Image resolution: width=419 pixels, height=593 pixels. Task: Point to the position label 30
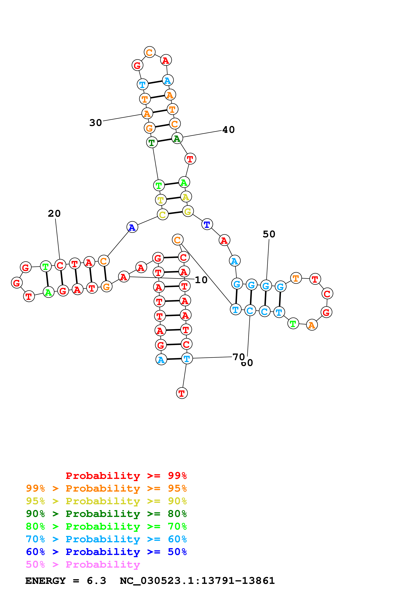[x=95, y=123]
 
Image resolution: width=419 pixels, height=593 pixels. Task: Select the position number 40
[x=229, y=130]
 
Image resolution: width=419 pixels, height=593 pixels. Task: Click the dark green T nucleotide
[x=152, y=142]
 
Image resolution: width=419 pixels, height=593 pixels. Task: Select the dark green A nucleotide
[x=177, y=138]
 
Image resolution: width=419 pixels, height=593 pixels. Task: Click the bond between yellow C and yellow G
[x=175, y=213]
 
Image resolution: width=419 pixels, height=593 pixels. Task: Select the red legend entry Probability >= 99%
[x=126, y=476]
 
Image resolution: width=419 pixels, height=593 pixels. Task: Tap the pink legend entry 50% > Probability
[x=83, y=564]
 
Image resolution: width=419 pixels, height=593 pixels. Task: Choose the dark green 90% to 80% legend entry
[x=106, y=513]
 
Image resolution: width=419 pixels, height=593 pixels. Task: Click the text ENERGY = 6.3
[x=66, y=581]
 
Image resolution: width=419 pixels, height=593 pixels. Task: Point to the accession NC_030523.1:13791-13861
[x=197, y=581]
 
